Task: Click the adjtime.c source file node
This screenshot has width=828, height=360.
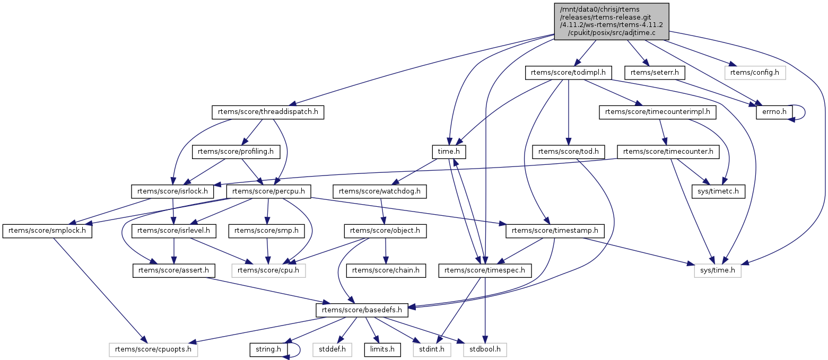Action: coord(611,21)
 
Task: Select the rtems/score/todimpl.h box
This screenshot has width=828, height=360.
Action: coord(569,73)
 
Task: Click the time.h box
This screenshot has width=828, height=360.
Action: coord(449,152)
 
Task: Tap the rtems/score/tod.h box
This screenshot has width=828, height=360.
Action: coord(568,152)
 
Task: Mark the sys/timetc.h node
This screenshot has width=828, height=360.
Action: coord(719,191)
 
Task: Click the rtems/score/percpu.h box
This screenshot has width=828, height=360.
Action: coord(268,191)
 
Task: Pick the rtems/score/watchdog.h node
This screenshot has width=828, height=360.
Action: coord(379,191)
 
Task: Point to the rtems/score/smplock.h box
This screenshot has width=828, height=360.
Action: coord(47,231)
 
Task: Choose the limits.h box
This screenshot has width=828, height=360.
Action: coord(382,349)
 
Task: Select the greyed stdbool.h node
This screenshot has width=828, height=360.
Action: coord(485,349)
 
